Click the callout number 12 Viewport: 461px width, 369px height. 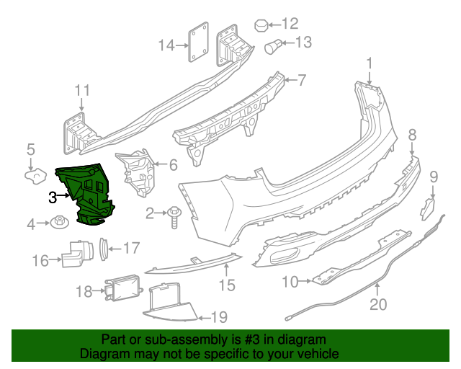pos(289,23)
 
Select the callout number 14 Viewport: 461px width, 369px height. pos(167,46)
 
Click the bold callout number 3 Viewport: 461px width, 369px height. pos(53,197)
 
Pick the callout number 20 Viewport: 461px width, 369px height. pos(378,304)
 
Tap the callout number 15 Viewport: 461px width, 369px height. pos(227,285)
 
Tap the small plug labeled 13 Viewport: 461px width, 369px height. pos(274,48)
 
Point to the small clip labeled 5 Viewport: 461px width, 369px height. pos(33,174)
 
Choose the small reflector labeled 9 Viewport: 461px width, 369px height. pos(428,208)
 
